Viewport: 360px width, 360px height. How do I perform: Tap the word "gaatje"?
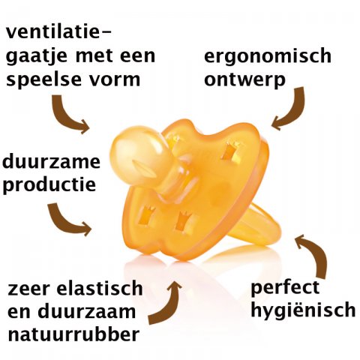(x=37, y=56)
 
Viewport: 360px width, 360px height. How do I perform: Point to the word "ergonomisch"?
(x=268, y=56)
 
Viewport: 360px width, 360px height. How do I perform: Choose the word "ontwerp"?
(x=244, y=80)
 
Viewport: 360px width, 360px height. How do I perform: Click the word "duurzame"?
(x=51, y=161)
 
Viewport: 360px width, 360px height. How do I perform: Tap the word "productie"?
(x=49, y=184)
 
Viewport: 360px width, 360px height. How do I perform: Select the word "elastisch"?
(x=100, y=289)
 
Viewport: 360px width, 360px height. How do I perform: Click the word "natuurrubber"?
(x=73, y=334)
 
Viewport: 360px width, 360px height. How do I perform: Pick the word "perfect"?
(x=285, y=287)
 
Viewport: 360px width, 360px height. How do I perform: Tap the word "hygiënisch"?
(x=303, y=310)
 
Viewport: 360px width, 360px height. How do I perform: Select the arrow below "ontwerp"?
(x=295, y=113)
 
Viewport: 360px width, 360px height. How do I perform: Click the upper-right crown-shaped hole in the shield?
(x=232, y=151)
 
